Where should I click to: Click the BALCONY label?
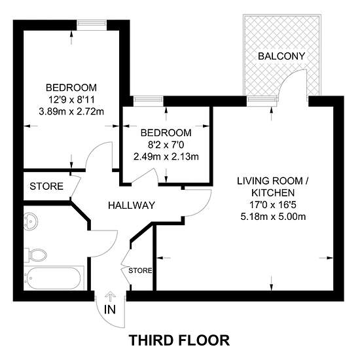click(x=281, y=56)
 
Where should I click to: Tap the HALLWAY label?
click(x=132, y=206)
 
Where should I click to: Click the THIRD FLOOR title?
click(x=179, y=340)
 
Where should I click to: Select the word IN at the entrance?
click(x=110, y=310)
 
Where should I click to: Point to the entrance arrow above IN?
click(x=110, y=297)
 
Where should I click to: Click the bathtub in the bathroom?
click(x=54, y=278)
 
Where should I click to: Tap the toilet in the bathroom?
click(x=35, y=255)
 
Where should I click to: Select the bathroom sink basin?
click(x=31, y=221)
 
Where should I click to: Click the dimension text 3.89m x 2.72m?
click(x=71, y=112)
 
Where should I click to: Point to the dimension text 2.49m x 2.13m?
click(x=166, y=157)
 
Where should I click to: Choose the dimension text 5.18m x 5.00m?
click(x=273, y=217)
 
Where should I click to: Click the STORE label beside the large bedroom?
click(x=46, y=187)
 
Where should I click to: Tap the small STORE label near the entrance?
click(x=140, y=271)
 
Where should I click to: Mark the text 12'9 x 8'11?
click(x=71, y=100)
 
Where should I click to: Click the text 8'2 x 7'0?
click(x=166, y=145)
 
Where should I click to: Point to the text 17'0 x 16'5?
click(x=273, y=205)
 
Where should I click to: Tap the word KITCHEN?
click(x=273, y=193)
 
